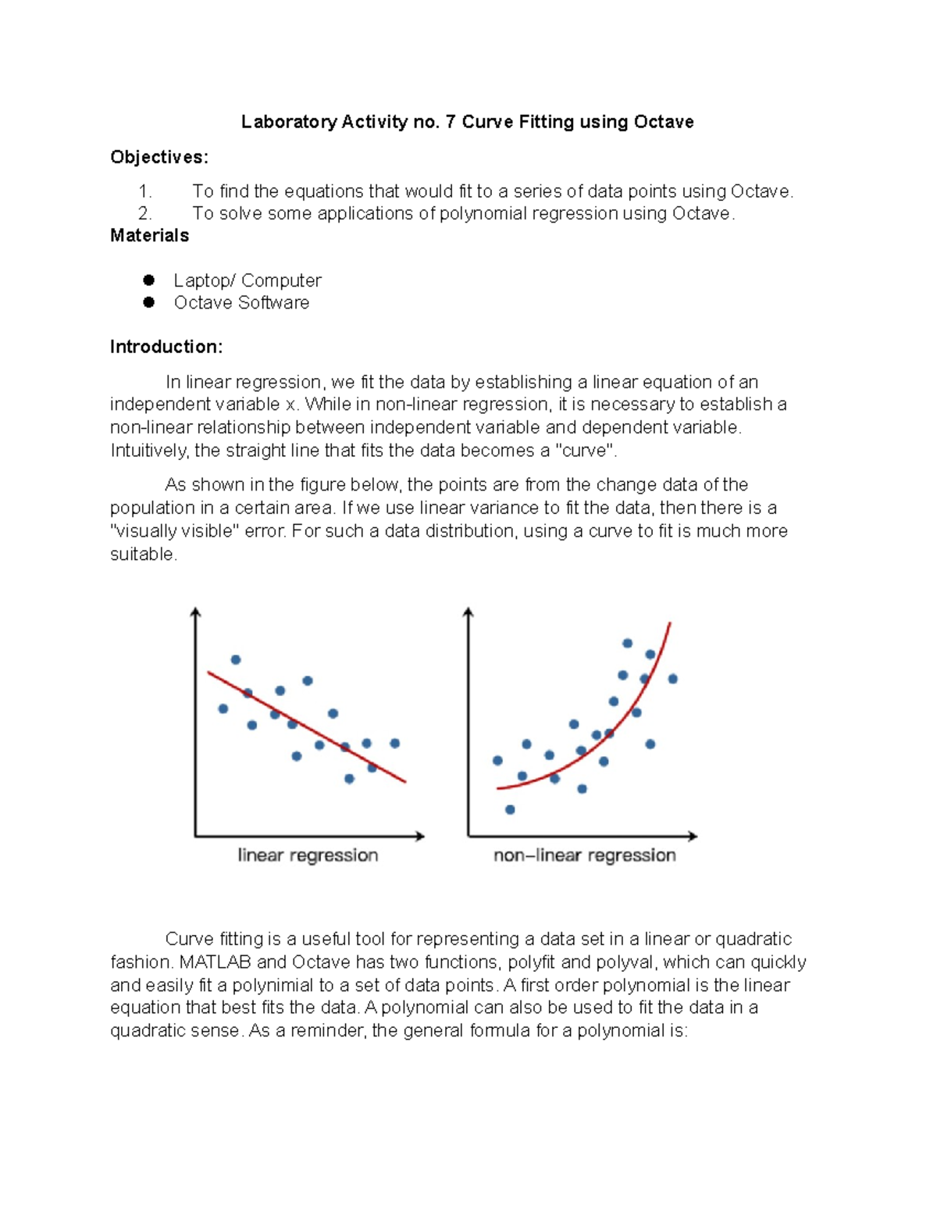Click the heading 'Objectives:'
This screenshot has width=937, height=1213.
[159, 157]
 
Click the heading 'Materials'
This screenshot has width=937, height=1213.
[149, 236]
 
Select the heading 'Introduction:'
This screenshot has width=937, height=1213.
[166, 347]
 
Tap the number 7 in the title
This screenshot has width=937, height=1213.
[450, 122]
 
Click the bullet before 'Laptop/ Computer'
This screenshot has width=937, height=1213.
[148, 280]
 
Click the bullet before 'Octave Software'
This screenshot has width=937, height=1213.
[148, 302]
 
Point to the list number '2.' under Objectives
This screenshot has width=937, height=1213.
[144, 213]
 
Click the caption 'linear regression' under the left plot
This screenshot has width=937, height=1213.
[308, 855]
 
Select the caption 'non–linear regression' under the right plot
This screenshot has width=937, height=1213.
[584, 855]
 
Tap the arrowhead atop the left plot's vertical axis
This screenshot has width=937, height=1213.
[196, 613]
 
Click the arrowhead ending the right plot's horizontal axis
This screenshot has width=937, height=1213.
[693, 836]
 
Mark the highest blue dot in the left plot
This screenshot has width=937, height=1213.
[236, 660]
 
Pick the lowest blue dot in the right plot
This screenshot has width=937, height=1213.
[510, 810]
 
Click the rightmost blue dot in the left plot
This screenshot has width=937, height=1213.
[395, 744]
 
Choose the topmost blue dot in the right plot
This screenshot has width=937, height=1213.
[627, 644]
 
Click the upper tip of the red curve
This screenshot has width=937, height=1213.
[670, 623]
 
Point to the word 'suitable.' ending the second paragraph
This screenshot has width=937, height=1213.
[144, 554]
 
